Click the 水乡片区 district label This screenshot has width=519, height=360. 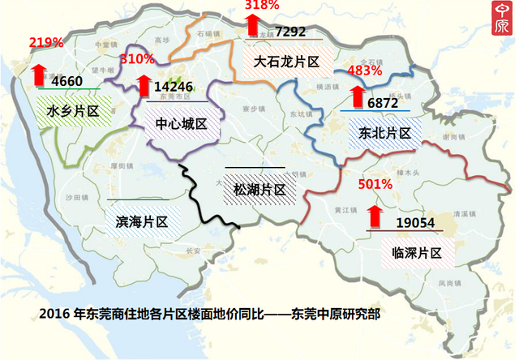[x=73, y=111]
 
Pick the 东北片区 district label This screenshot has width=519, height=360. [x=379, y=132]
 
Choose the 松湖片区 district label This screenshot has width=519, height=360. [x=259, y=190]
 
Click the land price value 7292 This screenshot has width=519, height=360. [x=290, y=32]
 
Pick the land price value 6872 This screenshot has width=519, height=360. [x=383, y=104]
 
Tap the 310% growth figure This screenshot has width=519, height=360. [x=136, y=59]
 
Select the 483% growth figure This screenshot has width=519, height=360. [x=364, y=71]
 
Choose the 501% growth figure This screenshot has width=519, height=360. [x=375, y=185]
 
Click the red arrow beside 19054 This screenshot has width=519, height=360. [x=375, y=216]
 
